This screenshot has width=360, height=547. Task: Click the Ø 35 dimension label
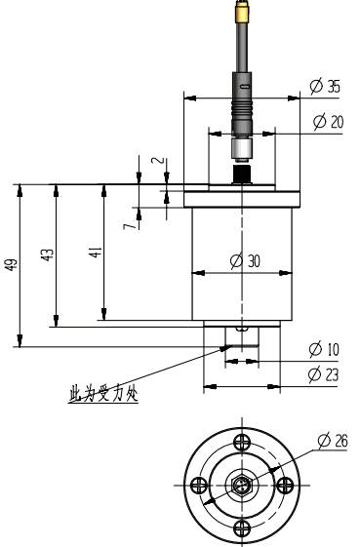coord(325,86)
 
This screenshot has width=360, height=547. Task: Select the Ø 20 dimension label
coord(328,122)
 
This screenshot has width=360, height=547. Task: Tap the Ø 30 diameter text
coord(246,260)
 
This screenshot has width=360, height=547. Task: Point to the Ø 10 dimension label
coord(324,349)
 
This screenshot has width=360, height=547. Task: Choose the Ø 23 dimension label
coord(324,374)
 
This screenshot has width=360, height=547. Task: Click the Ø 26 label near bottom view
coord(333,441)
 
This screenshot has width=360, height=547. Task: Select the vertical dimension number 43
coord(48,254)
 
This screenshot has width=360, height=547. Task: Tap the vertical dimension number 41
coord(96,252)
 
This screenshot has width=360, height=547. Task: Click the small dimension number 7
coord(129,226)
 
